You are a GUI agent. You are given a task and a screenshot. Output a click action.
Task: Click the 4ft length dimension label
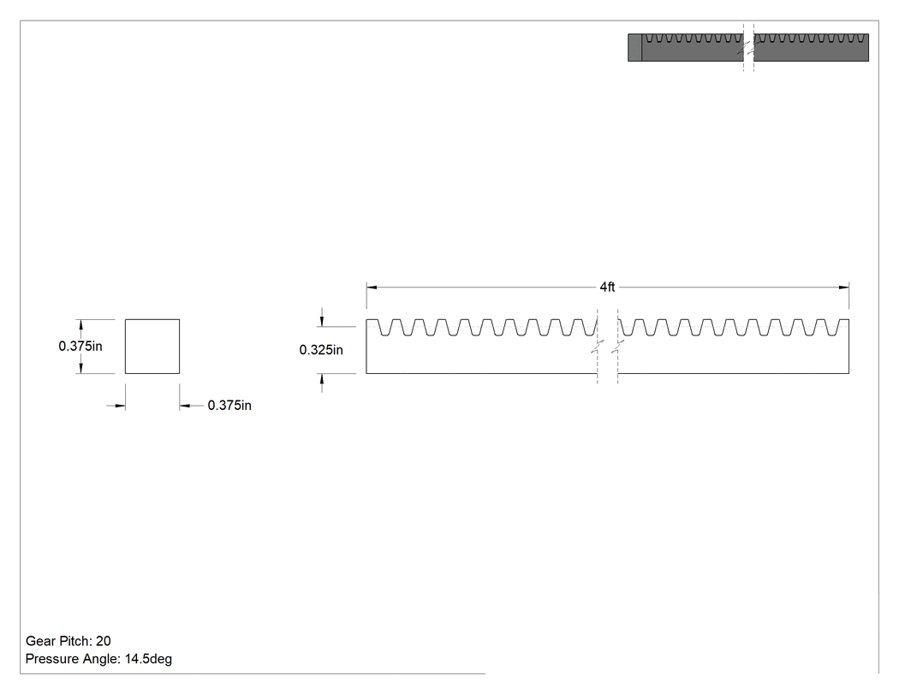point(607,287)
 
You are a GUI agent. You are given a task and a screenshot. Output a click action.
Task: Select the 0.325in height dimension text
point(321,350)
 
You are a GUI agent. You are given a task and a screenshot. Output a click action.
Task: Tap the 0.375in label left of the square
point(80,346)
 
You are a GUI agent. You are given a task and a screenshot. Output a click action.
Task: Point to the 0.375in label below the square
point(229,405)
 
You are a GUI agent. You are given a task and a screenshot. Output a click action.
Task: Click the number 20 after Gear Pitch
point(104,641)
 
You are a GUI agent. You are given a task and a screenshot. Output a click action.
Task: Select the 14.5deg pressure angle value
point(148,658)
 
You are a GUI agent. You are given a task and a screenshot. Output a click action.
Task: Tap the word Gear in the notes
point(39,641)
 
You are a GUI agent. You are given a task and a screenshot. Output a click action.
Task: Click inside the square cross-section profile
point(152,346)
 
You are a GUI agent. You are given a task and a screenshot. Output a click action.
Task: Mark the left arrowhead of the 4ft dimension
point(372,288)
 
